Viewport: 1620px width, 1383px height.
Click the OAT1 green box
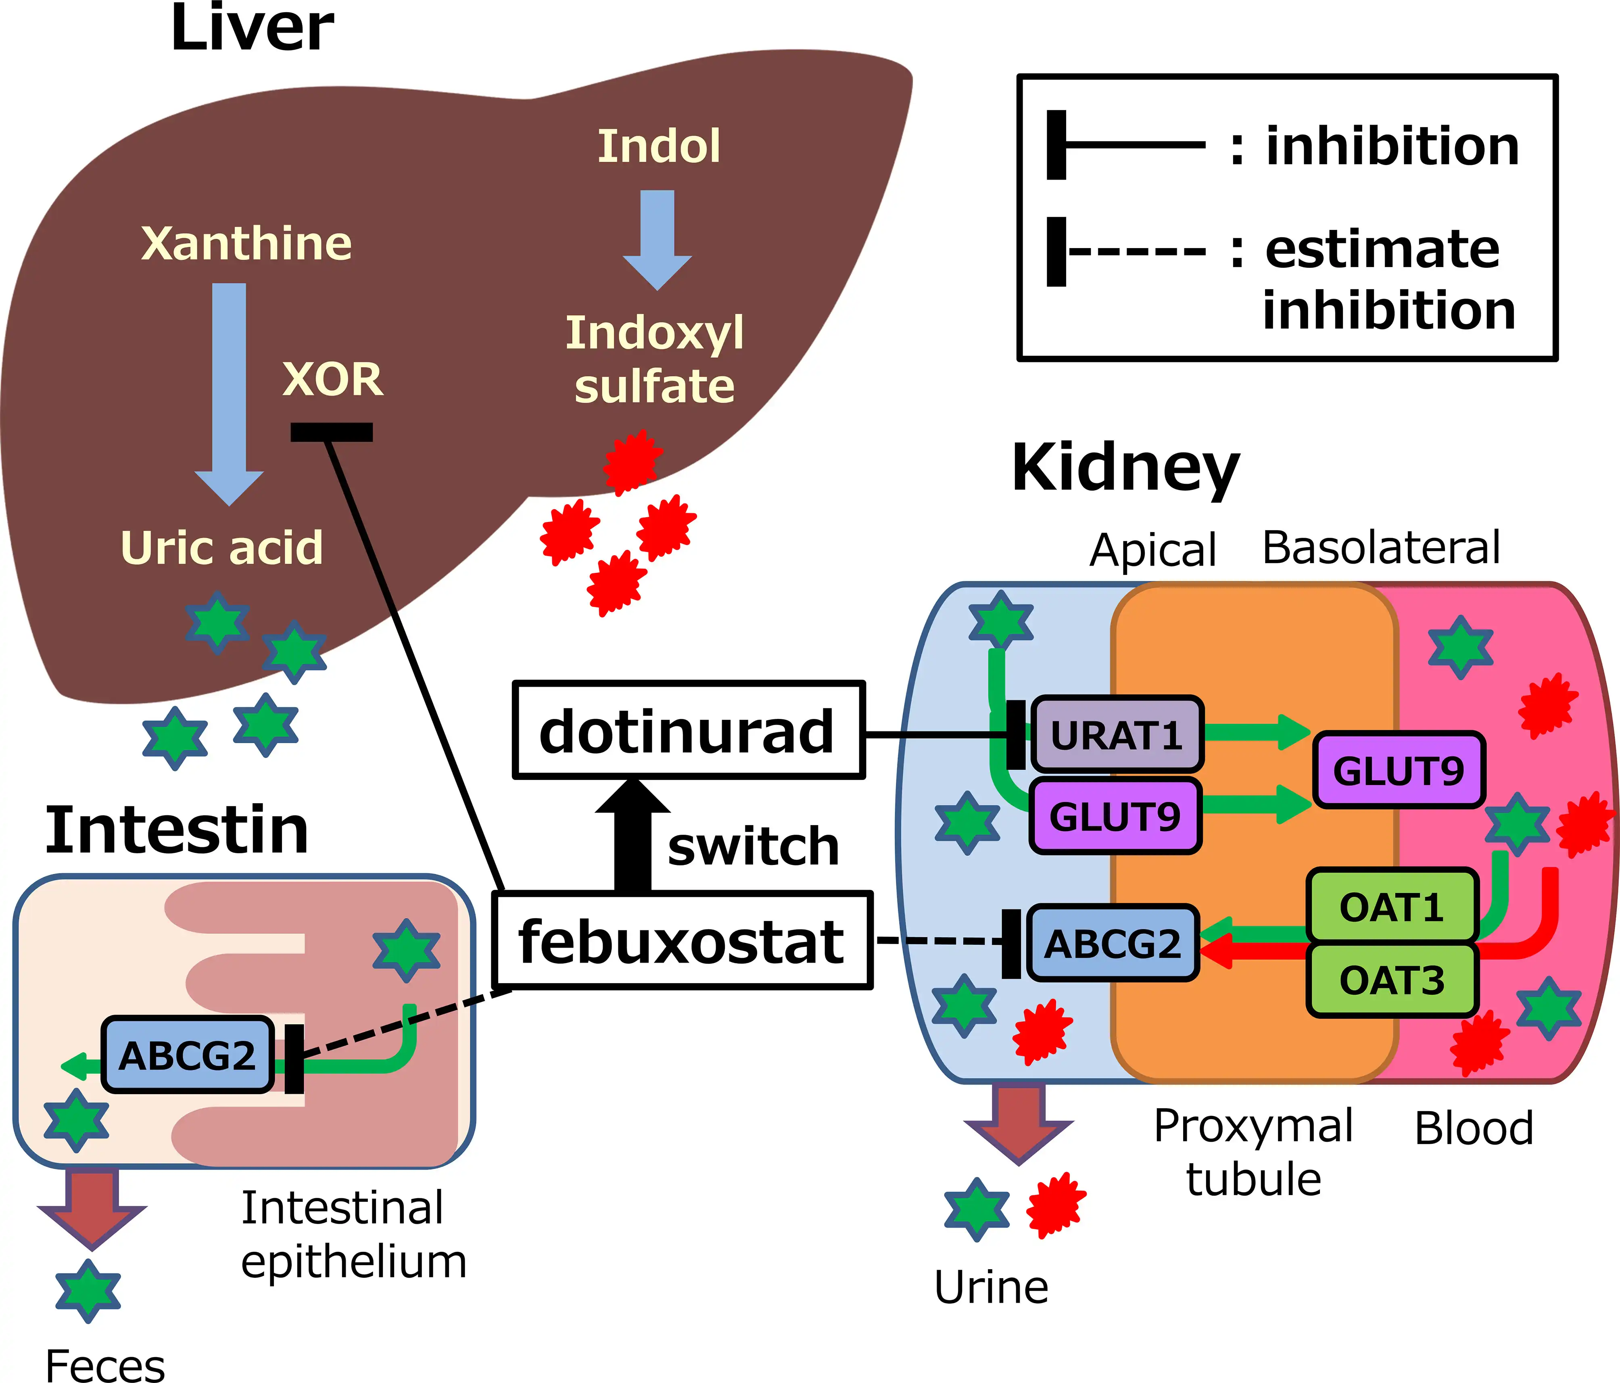click(1392, 907)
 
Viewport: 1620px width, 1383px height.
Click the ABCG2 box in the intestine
click(188, 1055)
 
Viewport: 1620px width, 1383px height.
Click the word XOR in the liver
click(332, 380)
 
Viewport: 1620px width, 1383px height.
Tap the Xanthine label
click(246, 243)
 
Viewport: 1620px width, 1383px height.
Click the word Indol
click(658, 146)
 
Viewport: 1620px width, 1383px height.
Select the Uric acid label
click(221, 547)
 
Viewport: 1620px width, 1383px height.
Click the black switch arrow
click(633, 836)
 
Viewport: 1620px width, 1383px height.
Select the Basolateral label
click(1381, 547)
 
